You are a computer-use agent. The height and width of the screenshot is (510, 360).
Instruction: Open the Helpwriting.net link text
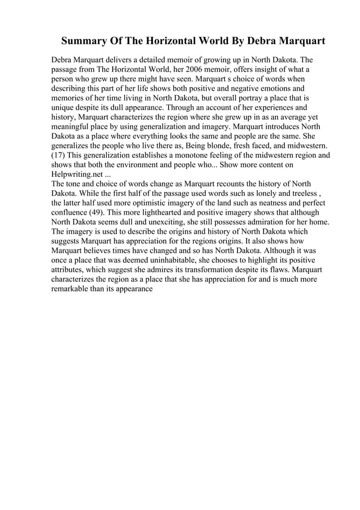pyautogui.click(x=77, y=178)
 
